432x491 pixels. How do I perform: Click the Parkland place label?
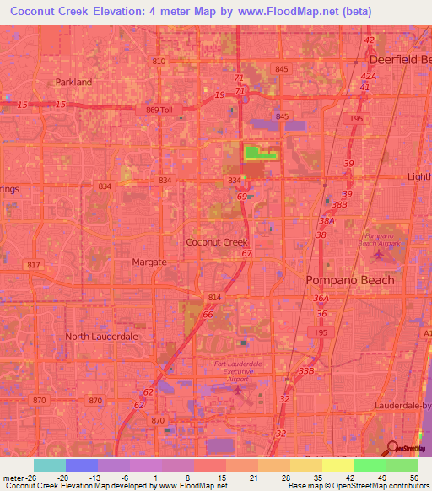tap(73, 82)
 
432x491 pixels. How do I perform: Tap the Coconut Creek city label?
tap(216, 242)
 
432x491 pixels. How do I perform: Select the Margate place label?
tap(149, 262)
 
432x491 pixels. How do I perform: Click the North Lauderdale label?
tap(101, 337)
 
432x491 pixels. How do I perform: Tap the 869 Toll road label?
tap(159, 110)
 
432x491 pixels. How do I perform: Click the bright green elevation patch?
tap(261, 153)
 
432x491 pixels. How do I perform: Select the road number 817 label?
tap(34, 266)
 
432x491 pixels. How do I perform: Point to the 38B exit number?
tap(339, 205)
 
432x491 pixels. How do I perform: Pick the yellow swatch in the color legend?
tap(337, 465)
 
